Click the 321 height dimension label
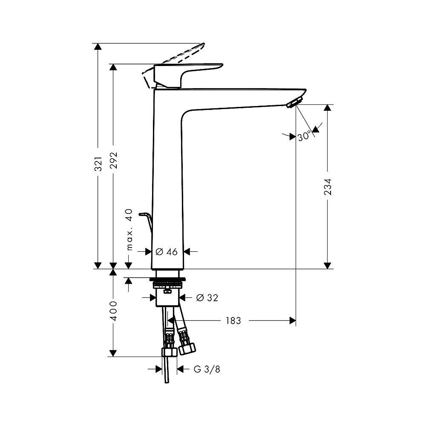[x=98, y=164]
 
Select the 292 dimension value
[x=113, y=160]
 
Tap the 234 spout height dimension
[x=328, y=187]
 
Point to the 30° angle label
[x=304, y=136]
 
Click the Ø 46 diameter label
[x=167, y=252]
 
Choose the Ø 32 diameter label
[x=207, y=298]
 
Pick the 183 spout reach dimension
[x=233, y=321]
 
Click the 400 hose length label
[x=113, y=311]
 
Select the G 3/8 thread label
[x=207, y=369]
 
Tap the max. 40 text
[x=130, y=230]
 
